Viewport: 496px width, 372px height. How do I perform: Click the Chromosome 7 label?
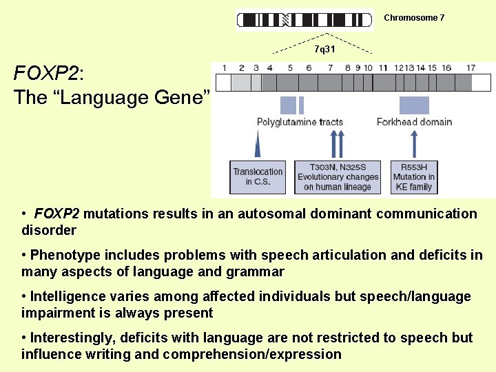[x=414, y=18]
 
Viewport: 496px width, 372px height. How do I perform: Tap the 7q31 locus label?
[x=324, y=50]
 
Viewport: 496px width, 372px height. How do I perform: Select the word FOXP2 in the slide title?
[x=46, y=74]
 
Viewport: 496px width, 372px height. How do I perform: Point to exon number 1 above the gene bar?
[x=224, y=68]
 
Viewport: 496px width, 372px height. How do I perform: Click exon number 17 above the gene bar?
[x=471, y=68]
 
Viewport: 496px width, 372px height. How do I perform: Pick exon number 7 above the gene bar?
[x=331, y=68]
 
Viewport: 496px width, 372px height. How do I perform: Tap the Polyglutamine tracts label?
[x=300, y=122]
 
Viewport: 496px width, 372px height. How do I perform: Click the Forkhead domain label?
[x=414, y=122]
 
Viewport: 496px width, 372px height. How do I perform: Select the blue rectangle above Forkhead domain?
[x=414, y=105]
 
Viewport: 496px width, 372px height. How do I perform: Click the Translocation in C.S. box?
[x=258, y=177]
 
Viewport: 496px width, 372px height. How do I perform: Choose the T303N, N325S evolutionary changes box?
[x=338, y=177]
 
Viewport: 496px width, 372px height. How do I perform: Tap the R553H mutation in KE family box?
[x=413, y=177]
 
